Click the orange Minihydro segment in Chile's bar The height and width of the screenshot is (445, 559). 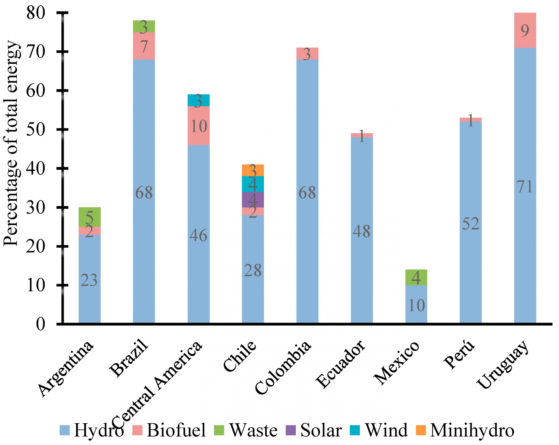(253, 170)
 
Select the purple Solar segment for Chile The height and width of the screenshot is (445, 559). (253, 199)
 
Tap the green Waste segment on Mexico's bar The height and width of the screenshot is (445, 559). (416, 277)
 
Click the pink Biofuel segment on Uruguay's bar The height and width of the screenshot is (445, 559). (525, 30)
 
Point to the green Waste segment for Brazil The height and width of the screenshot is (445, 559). (144, 26)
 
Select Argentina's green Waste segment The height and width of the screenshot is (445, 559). (90, 217)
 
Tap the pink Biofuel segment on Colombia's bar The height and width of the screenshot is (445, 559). (307, 53)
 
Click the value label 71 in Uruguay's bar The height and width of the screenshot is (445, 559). (525, 187)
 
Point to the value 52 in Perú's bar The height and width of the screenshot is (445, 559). (471, 224)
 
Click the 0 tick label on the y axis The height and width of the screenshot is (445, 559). (40, 324)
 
